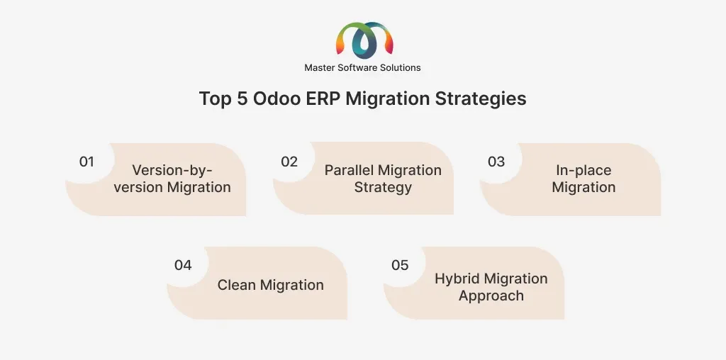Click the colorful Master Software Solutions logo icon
364,40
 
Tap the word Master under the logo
318,67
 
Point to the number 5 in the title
242,99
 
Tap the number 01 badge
86,162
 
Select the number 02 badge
289,162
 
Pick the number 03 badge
496,162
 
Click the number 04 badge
183,265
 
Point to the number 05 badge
400,265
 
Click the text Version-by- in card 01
172,170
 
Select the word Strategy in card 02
383,187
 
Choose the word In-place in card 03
583,170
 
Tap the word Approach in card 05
491,296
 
